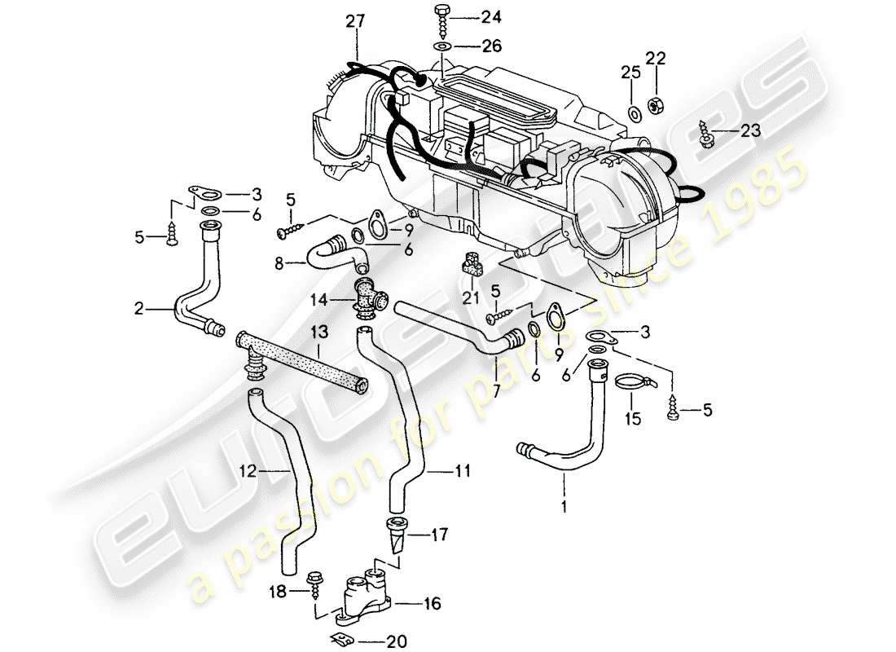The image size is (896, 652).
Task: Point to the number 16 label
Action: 432,605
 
